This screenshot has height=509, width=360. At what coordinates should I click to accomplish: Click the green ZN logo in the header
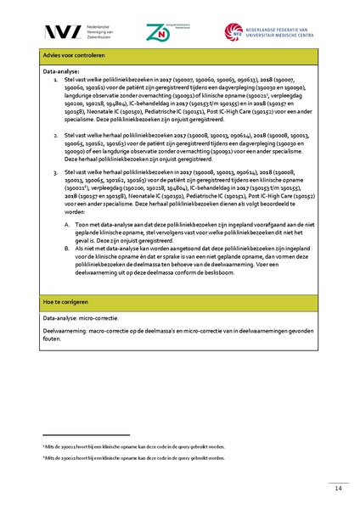tap(158, 32)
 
